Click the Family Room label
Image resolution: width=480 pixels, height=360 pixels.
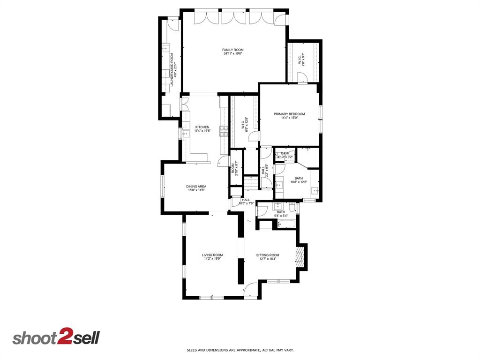[x=233, y=50]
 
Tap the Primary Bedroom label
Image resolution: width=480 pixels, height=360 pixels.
[x=289, y=114]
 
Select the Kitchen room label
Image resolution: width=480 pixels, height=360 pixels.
[x=202, y=127]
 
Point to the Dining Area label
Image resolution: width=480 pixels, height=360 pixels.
[x=196, y=186]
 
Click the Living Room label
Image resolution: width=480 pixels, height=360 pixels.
[x=212, y=255]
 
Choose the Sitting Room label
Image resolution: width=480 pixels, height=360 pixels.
[x=268, y=255]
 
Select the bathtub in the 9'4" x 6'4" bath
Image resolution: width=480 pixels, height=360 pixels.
[x=285, y=224]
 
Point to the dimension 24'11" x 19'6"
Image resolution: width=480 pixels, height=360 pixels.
[x=233, y=54]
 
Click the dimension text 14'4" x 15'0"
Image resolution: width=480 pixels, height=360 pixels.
[x=289, y=118]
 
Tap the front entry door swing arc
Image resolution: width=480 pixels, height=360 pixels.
[x=250, y=290]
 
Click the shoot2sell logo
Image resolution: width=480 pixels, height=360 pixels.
[x=56, y=338]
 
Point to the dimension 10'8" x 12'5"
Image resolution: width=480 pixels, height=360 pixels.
[x=298, y=182]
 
